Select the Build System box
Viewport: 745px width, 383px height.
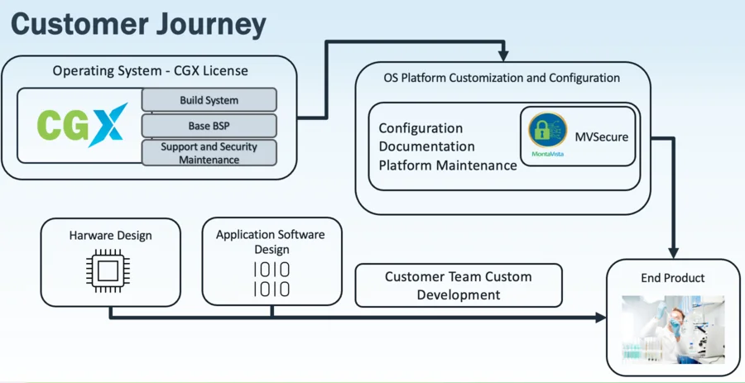pyautogui.click(x=209, y=100)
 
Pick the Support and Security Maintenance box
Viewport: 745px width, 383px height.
pyautogui.click(x=209, y=153)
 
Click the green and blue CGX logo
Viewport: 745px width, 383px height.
pyautogui.click(x=82, y=125)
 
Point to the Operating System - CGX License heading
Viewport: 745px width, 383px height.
pyautogui.click(x=150, y=71)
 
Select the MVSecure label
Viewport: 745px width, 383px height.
pyautogui.click(x=602, y=137)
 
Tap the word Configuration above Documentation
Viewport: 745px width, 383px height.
pyautogui.click(x=421, y=128)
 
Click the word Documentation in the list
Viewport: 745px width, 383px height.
pyautogui.click(x=426, y=146)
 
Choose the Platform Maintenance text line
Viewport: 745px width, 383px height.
pyautogui.click(x=448, y=165)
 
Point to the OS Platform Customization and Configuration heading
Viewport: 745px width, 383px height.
pyautogui.click(x=502, y=78)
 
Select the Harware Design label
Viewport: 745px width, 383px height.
pyautogui.click(x=110, y=236)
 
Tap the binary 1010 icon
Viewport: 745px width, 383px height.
pyautogui.click(x=272, y=279)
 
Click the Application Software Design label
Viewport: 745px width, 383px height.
pyautogui.click(x=272, y=242)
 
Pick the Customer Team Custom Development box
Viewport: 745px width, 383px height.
pyautogui.click(x=459, y=285)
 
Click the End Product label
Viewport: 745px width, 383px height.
pyautogui.click(x=673, y=278)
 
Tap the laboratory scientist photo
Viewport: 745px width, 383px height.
pyautogui.click(x=673, y=329)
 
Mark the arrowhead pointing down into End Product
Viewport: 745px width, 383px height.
pyautogui.click(x=673, y=253)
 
